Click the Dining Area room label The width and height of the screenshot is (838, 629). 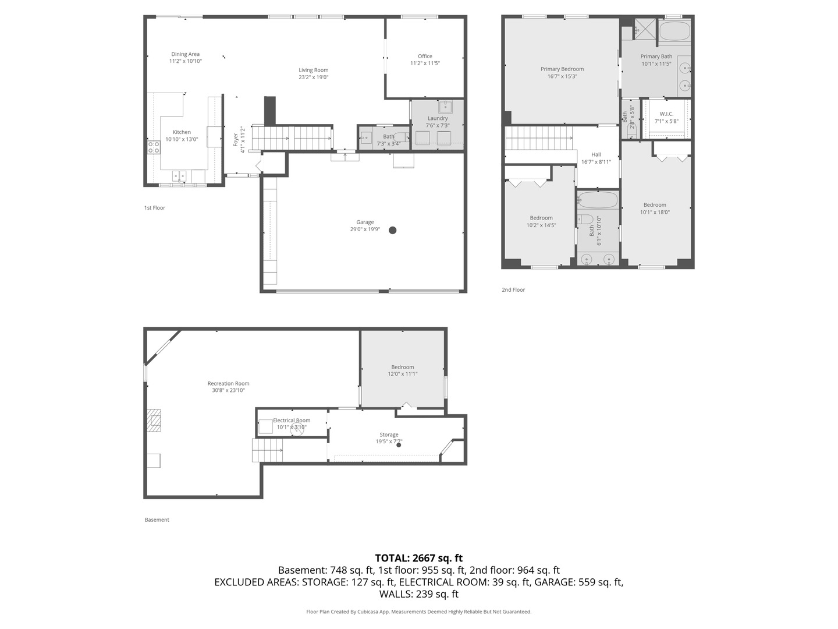coord(185,54)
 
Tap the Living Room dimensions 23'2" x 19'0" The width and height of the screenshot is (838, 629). coord(314,77)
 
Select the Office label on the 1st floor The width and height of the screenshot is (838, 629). coord(425,56)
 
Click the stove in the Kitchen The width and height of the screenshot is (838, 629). coord(154,147)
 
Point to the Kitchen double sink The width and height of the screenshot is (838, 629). coord(179,175)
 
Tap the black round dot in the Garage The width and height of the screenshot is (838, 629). coord(392,230)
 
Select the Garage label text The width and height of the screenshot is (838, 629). coord(365,222)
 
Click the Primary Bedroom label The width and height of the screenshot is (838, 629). coord(562,69)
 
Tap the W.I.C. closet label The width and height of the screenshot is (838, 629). coord(666,114)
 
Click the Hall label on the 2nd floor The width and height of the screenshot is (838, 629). coord(596,154)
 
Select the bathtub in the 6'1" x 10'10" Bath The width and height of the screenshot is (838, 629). coord(598,201)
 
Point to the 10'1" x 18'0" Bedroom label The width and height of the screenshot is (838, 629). coord(655,205)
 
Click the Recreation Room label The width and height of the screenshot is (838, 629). coord(228,383)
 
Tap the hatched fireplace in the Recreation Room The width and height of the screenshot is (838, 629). coord(154,420)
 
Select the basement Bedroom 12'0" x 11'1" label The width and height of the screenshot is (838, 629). coord(402,367)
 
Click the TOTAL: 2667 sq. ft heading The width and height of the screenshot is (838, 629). coord(418,558)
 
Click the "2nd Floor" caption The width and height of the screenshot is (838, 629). coord(513,289)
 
